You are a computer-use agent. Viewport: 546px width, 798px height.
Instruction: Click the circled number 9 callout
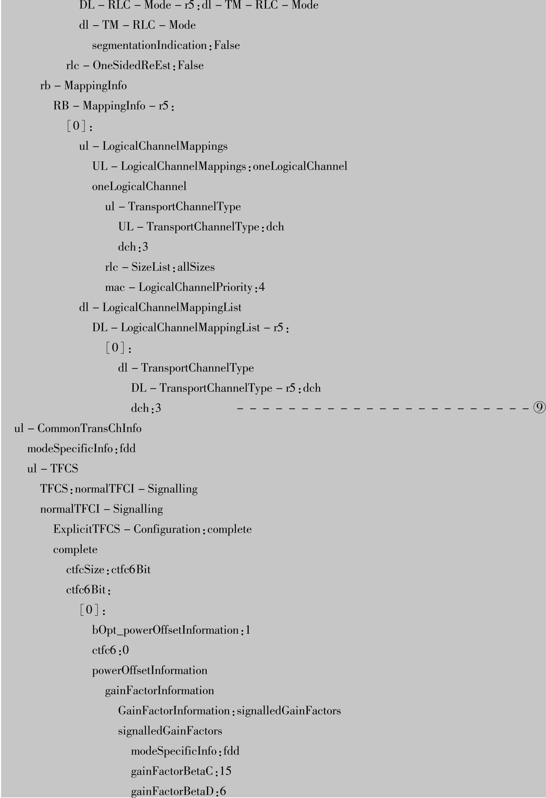(x=539, y=408)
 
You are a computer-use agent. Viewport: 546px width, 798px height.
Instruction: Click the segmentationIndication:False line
(x=166, y=45)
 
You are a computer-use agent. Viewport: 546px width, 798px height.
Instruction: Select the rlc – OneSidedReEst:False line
(x=135, y=65)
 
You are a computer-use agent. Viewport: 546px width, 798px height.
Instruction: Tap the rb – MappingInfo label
(x=84, y=85)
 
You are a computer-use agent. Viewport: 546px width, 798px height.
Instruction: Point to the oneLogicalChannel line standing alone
(x=139, y=186)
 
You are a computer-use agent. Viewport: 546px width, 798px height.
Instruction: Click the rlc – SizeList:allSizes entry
(x=160, y=267)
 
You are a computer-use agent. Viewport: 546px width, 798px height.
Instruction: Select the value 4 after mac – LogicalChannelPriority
(x=262, y=287)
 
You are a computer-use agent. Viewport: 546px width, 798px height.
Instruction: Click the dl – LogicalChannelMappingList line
(x=160, y=307)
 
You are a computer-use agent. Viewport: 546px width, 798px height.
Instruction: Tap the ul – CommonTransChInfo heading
(x=78, y=429)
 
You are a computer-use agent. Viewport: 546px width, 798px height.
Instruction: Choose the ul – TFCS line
(x=53, y=469)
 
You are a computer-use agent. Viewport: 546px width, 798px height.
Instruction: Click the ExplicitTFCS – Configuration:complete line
(x=152, y=529)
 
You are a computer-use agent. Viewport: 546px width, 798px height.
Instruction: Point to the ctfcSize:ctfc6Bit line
(x=108, y=570)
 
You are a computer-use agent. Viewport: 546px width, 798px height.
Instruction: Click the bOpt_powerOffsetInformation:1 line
(x=171, y=630)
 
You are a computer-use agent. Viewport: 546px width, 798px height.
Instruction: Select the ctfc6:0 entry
(x=110, y=650)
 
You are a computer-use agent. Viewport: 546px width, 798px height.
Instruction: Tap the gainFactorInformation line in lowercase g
(x=159, y=690)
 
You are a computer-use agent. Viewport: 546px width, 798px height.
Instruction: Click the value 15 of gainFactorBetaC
(x=226, y=771)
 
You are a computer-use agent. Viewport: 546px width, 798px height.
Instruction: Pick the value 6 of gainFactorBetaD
(x=223, y=791)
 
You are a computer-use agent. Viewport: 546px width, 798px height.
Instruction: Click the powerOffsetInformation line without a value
(x=149, y=670)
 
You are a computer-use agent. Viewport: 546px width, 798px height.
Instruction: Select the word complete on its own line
(x=75, y=549)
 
